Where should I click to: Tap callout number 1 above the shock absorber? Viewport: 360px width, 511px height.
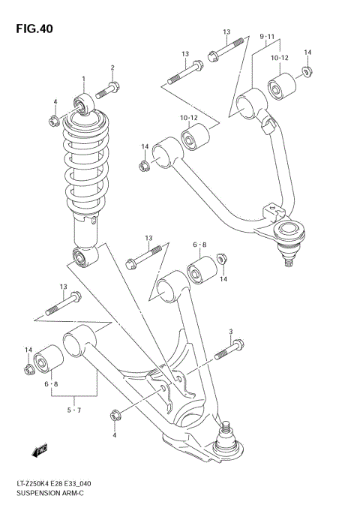[x=84, y=80]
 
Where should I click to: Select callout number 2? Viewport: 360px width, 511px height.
[x=113, y=68]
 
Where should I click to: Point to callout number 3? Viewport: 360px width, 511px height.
[x=231, y=332]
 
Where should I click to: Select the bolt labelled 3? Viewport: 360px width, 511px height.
[x=228, y=349]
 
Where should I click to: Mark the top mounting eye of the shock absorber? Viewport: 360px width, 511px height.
[x=83, y=104]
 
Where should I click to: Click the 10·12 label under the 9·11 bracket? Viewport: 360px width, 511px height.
[x=280, y=57]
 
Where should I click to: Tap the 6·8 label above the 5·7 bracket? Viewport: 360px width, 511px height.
[x=51, y=384]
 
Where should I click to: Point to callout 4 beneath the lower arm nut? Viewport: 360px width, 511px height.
[x=114, y=435]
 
